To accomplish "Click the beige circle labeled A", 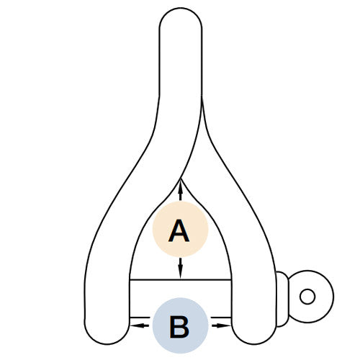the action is point(181,229).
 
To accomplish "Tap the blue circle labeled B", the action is point(181,325).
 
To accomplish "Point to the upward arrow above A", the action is point(181,190).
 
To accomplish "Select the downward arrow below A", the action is point(181,269).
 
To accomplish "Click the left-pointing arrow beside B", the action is point(139,325).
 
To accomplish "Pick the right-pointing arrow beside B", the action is point(221,325).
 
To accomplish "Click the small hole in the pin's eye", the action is point(307,297).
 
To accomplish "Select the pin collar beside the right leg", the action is point(282,300).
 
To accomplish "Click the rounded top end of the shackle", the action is point(181,9).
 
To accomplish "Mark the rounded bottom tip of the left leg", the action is point(107,343).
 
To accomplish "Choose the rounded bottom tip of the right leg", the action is point(254,343).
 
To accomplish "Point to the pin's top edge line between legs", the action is point(181,279).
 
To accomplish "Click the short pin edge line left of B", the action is point(140,318).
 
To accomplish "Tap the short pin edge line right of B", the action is point(221,318).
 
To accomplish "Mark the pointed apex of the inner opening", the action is point(181,179).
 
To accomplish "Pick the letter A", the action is point(179,230).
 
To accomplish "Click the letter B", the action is point(179,327).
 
